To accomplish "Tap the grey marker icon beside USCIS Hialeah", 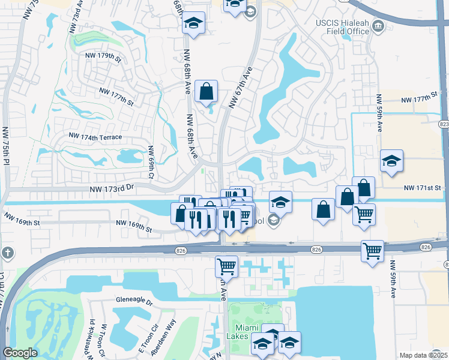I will [378, 26].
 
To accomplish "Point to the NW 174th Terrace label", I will [95, 137].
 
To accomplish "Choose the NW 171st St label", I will [422, 188].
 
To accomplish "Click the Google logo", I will [20, 353].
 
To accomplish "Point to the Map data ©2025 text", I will [423, 355].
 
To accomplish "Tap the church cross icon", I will [7, 252].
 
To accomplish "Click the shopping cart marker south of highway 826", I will [226, 266].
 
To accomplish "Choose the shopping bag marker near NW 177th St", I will [206, 92].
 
